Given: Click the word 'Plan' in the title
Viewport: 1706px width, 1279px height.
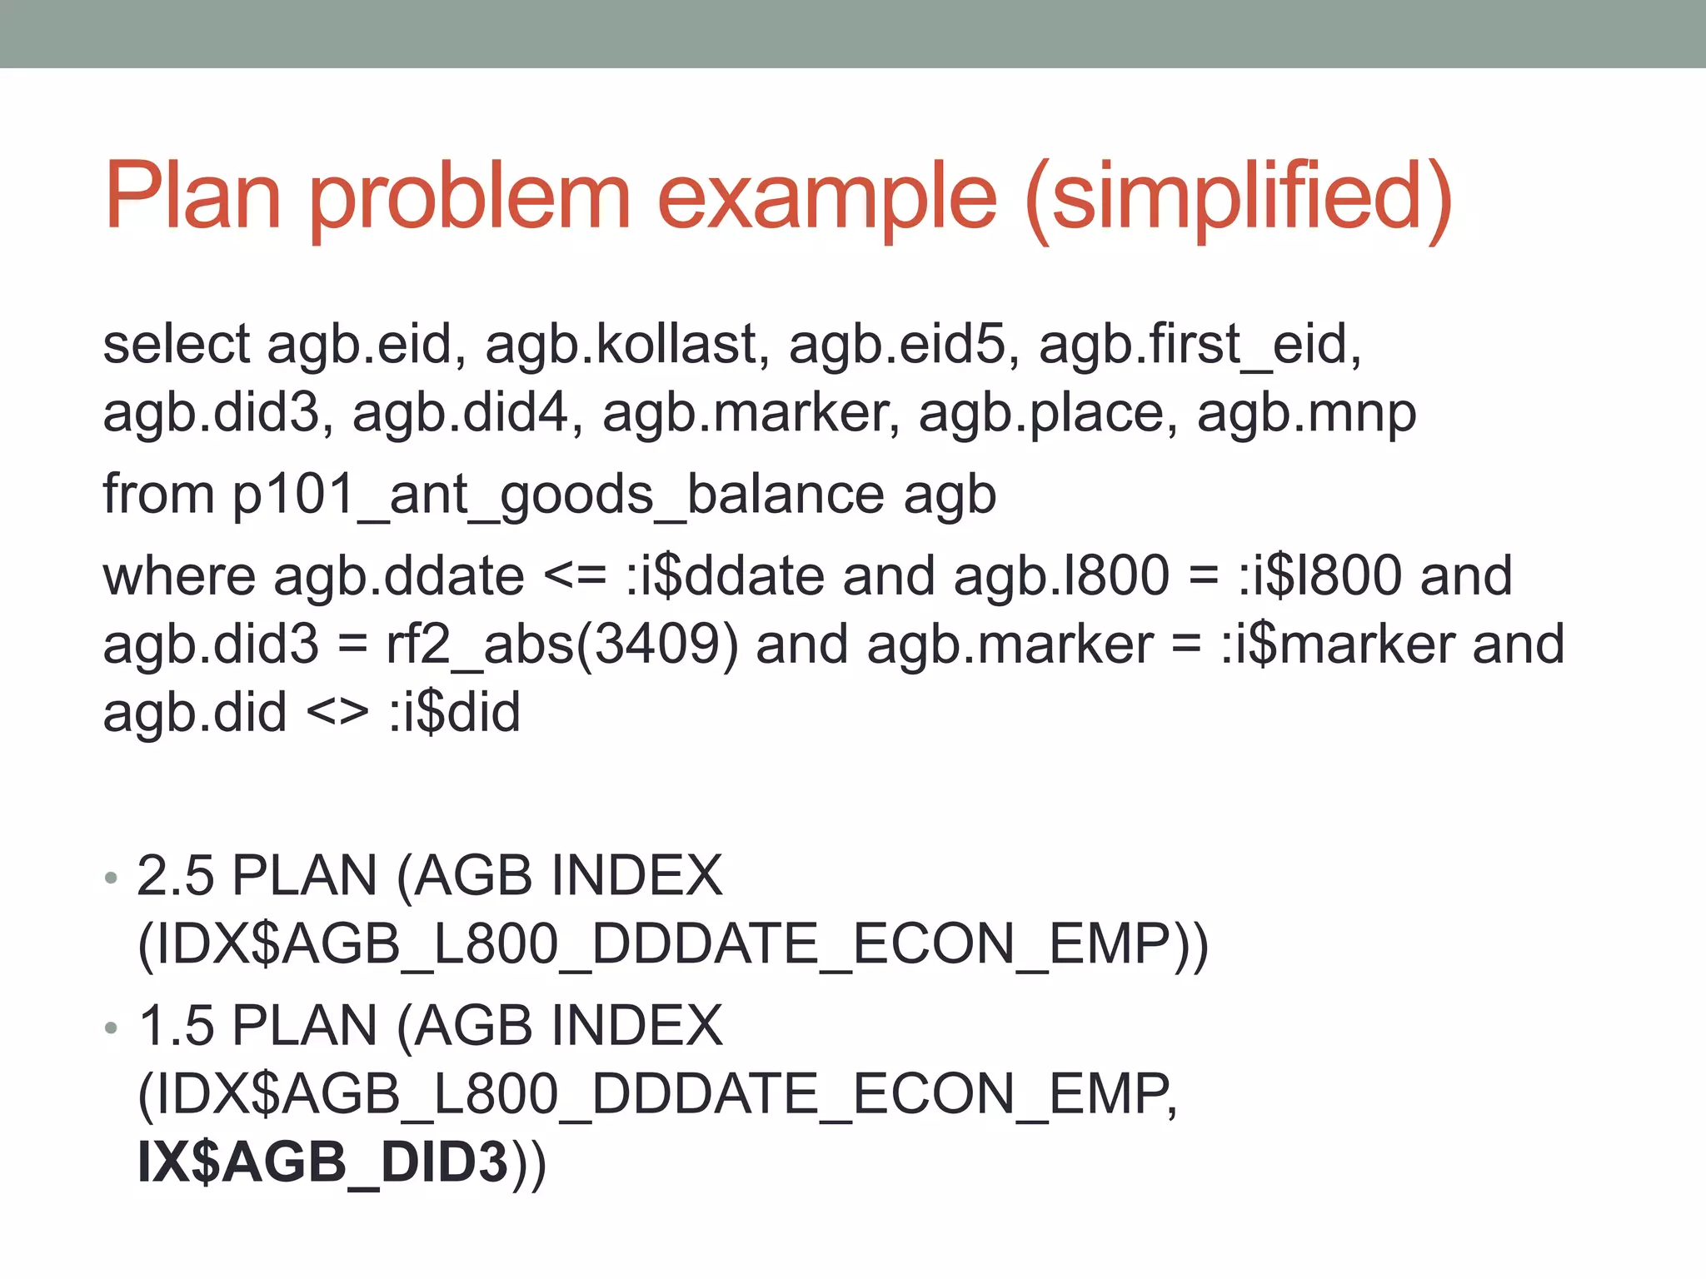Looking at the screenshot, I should pos(193,197).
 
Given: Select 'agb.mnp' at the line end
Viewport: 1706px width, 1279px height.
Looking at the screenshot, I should pos(1306,412).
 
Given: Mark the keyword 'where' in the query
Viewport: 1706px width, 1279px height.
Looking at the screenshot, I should pos(179,575).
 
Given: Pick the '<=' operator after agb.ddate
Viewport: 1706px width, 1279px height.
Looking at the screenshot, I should pos(575,575).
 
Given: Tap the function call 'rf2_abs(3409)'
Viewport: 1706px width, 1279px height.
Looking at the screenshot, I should pos(561,644).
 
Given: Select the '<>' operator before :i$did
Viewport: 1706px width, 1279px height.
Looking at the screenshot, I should pos(337,712).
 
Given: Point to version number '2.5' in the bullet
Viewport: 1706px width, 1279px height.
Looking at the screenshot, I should pos(175,875).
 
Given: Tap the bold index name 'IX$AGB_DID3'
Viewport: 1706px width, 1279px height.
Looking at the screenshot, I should pos(323,1162).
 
